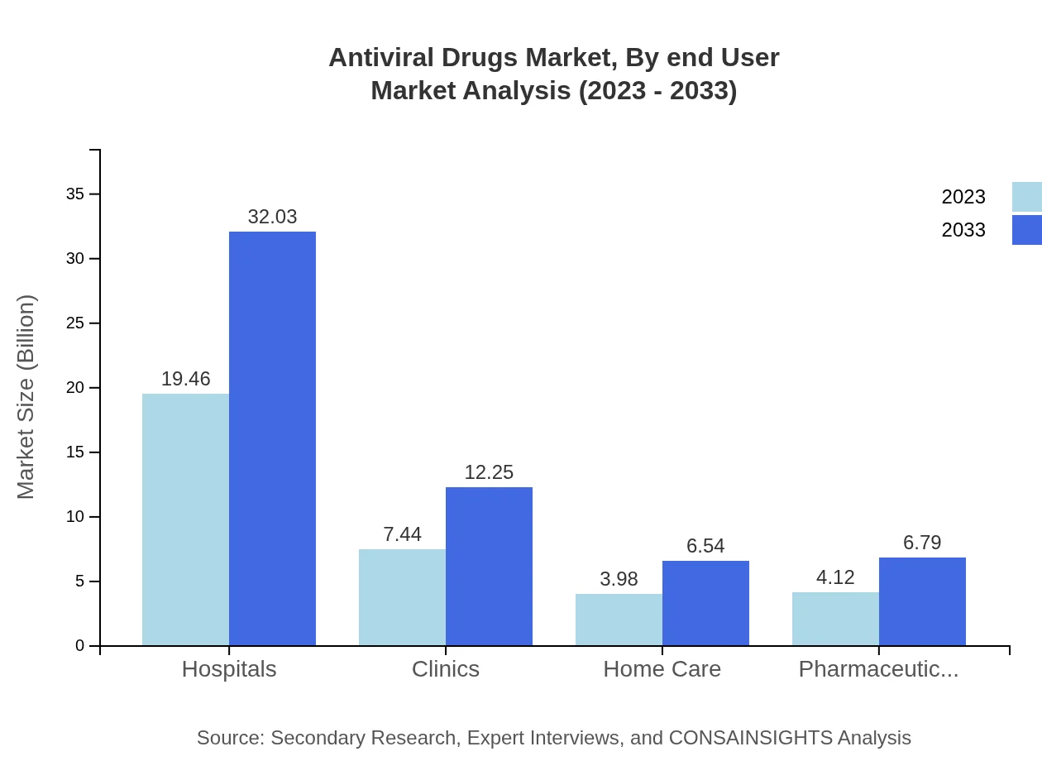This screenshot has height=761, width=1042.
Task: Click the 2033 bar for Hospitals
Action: pos(272,438)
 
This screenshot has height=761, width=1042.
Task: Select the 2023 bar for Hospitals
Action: pos(185,519)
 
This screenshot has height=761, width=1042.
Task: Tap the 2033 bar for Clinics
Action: pos(489,566)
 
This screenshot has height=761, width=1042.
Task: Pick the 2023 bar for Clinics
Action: pos(402,597)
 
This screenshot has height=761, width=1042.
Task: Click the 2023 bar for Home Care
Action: pos(619,620)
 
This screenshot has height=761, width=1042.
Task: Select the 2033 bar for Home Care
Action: pos(705,603)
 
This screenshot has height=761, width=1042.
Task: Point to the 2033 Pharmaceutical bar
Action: pos(922,601)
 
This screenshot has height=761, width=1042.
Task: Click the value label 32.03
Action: pos(272,217)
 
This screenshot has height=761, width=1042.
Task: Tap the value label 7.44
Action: pos(402,534)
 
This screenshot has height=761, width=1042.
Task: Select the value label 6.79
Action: pos(922,543)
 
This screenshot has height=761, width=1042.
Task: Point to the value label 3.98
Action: pos(619,579)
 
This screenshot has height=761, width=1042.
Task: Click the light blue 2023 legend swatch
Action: pos(1026,197)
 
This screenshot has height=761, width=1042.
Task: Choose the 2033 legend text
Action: pos(963,230)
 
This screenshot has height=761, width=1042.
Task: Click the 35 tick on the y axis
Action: pos(75,194)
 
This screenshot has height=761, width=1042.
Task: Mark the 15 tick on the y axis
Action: pos(75,452)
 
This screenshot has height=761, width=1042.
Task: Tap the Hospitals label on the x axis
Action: pos(229,669)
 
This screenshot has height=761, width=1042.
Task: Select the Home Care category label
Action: pos(662,669)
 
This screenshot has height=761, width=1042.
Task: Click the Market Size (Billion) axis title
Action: pos(26,397)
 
